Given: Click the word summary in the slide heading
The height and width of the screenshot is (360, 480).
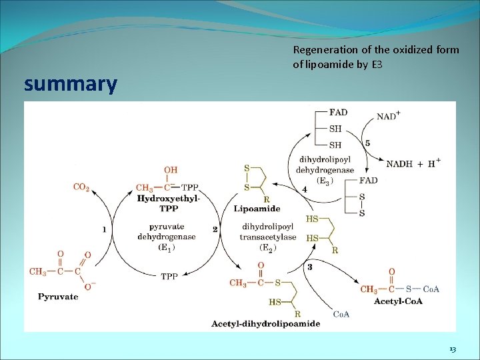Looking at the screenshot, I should click(70, 85).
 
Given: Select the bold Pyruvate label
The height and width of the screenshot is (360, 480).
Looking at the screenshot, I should click(58, 297).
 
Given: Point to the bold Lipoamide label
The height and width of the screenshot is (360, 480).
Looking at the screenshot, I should click(253, 209).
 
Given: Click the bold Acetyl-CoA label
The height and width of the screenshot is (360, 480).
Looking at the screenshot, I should click(398, 301).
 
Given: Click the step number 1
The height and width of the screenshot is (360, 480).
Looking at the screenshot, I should click(104, 229).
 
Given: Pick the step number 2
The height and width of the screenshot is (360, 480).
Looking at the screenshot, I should click(215, 229).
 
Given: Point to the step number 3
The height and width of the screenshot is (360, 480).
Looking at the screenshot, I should click(310, 267).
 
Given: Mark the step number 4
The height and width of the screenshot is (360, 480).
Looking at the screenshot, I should click(305, 190).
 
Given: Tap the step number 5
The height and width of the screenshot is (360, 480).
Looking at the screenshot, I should click(367, 143).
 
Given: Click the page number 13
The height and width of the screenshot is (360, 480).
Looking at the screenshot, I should click(453, 349).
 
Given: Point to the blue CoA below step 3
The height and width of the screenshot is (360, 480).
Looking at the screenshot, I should click(341, 314).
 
